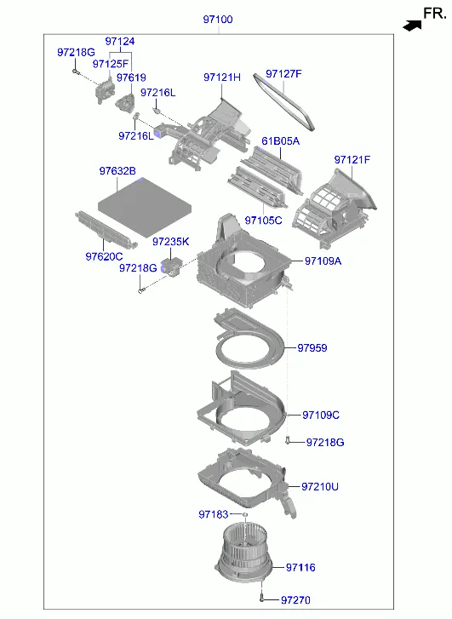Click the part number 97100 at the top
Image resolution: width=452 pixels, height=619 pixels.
pyautogui.click(x=218, y=19)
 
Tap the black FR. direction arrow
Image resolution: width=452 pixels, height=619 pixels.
pyautogui.click(x=412, y=26)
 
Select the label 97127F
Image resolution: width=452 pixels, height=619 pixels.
pyautogui.click(x=283, y=74)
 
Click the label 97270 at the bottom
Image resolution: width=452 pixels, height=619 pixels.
pyautogui.click(x=295, y=600)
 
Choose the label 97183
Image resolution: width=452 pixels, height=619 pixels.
pyautogui.click(x=213, y=514)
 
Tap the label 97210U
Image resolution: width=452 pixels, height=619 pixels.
pyautogui.click(x=320, y=486)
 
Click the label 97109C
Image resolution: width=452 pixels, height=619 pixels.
pyautogui.click(x=321, y=415)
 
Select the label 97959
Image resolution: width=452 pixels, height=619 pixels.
pyautogui.click(x=312, y=347)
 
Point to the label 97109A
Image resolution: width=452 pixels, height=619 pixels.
pyautogui.click(x=323, y=261)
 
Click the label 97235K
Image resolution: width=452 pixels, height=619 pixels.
pyautogui.click(x=171, y=242)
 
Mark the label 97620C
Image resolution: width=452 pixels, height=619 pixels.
pyautogui.click(x=104, y=256)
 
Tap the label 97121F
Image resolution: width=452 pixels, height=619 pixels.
pyautogui.click(x=352, y=160)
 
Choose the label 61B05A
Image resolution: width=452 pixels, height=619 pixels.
pyautogui.click(x=280, y=141)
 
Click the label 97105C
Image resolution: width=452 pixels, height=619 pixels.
pyautogui.click(x=263, y=221)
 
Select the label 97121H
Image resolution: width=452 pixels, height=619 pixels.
pyautogui.click(x=222, y=77)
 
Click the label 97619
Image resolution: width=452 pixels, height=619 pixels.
pyautogui.click(x=131, y=77)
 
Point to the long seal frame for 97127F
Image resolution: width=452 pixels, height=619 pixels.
pyautogui.click(x=284, y=101)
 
